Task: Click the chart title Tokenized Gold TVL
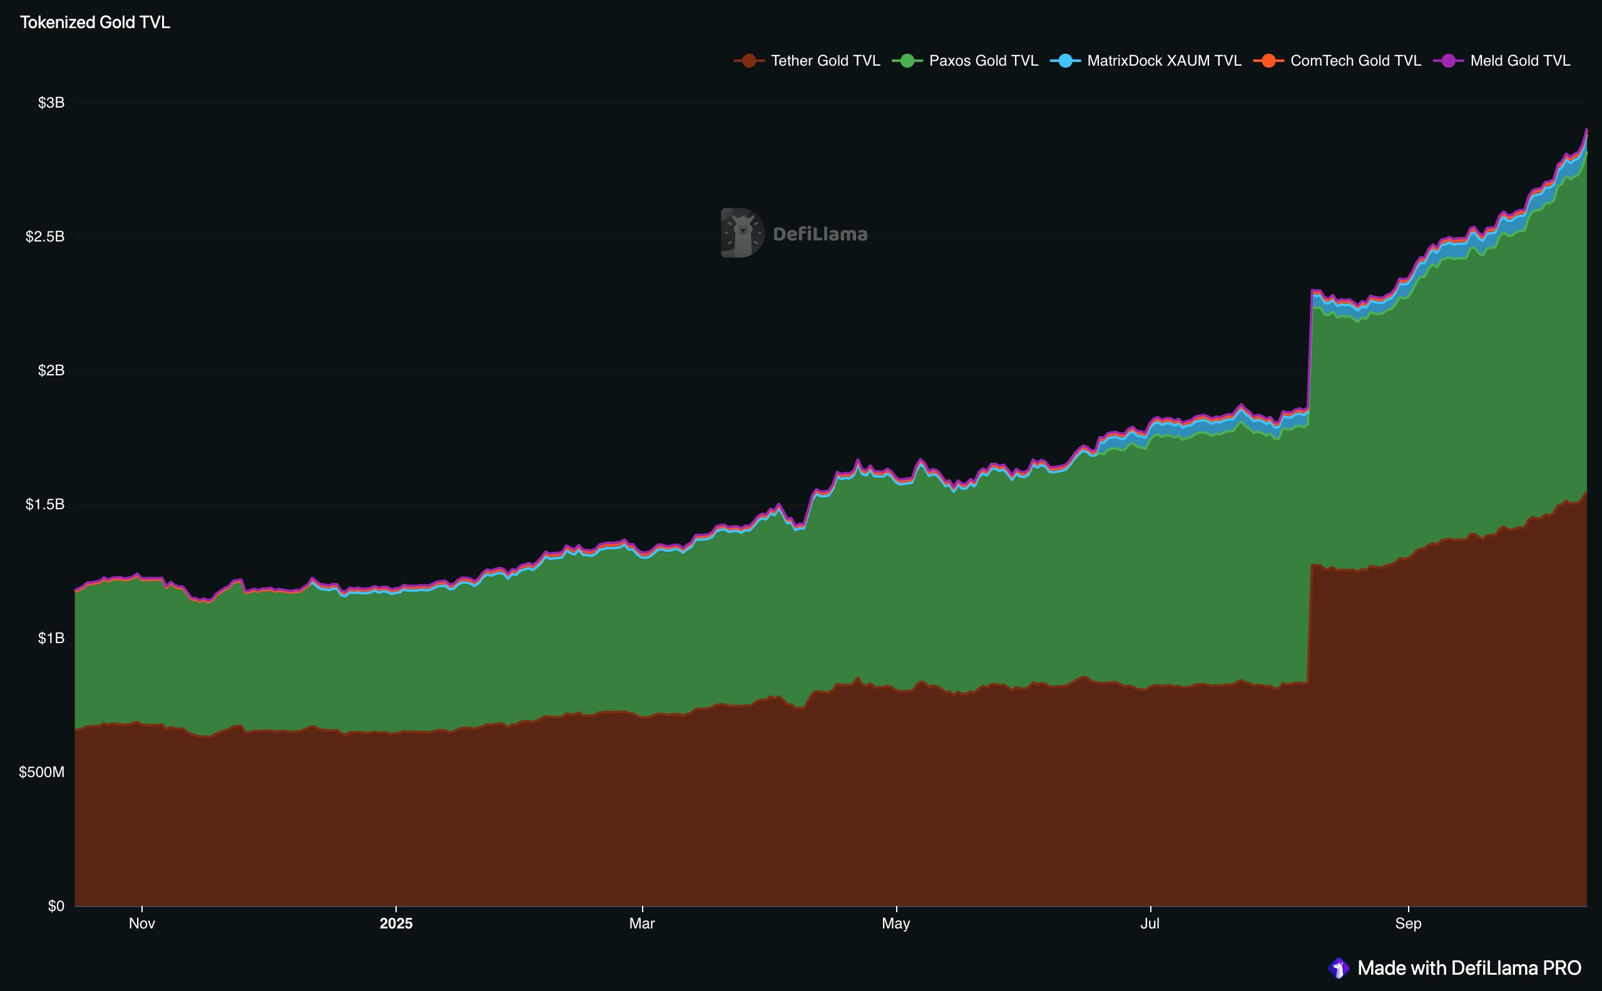(x=95, y=23)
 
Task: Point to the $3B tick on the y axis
(x=51, y=103)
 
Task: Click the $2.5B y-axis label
(x=45, y=236)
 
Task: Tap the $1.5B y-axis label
(x=45, y=504)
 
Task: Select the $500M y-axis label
(x=42, y=772)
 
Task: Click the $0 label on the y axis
(x=56, y=906)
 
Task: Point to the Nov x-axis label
(x=141, y=923)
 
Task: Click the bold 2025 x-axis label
(x=396, y=923)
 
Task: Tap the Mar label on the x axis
(x=641, y=923)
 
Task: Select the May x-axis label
(x=895, y=923)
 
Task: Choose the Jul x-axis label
(x=1150, y=923)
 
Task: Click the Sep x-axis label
(x=1408, y=923)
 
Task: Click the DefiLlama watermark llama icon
(x=742, y=233)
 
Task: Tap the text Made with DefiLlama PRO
(x=1469, y=968)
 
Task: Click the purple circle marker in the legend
(x=1448, y=61)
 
